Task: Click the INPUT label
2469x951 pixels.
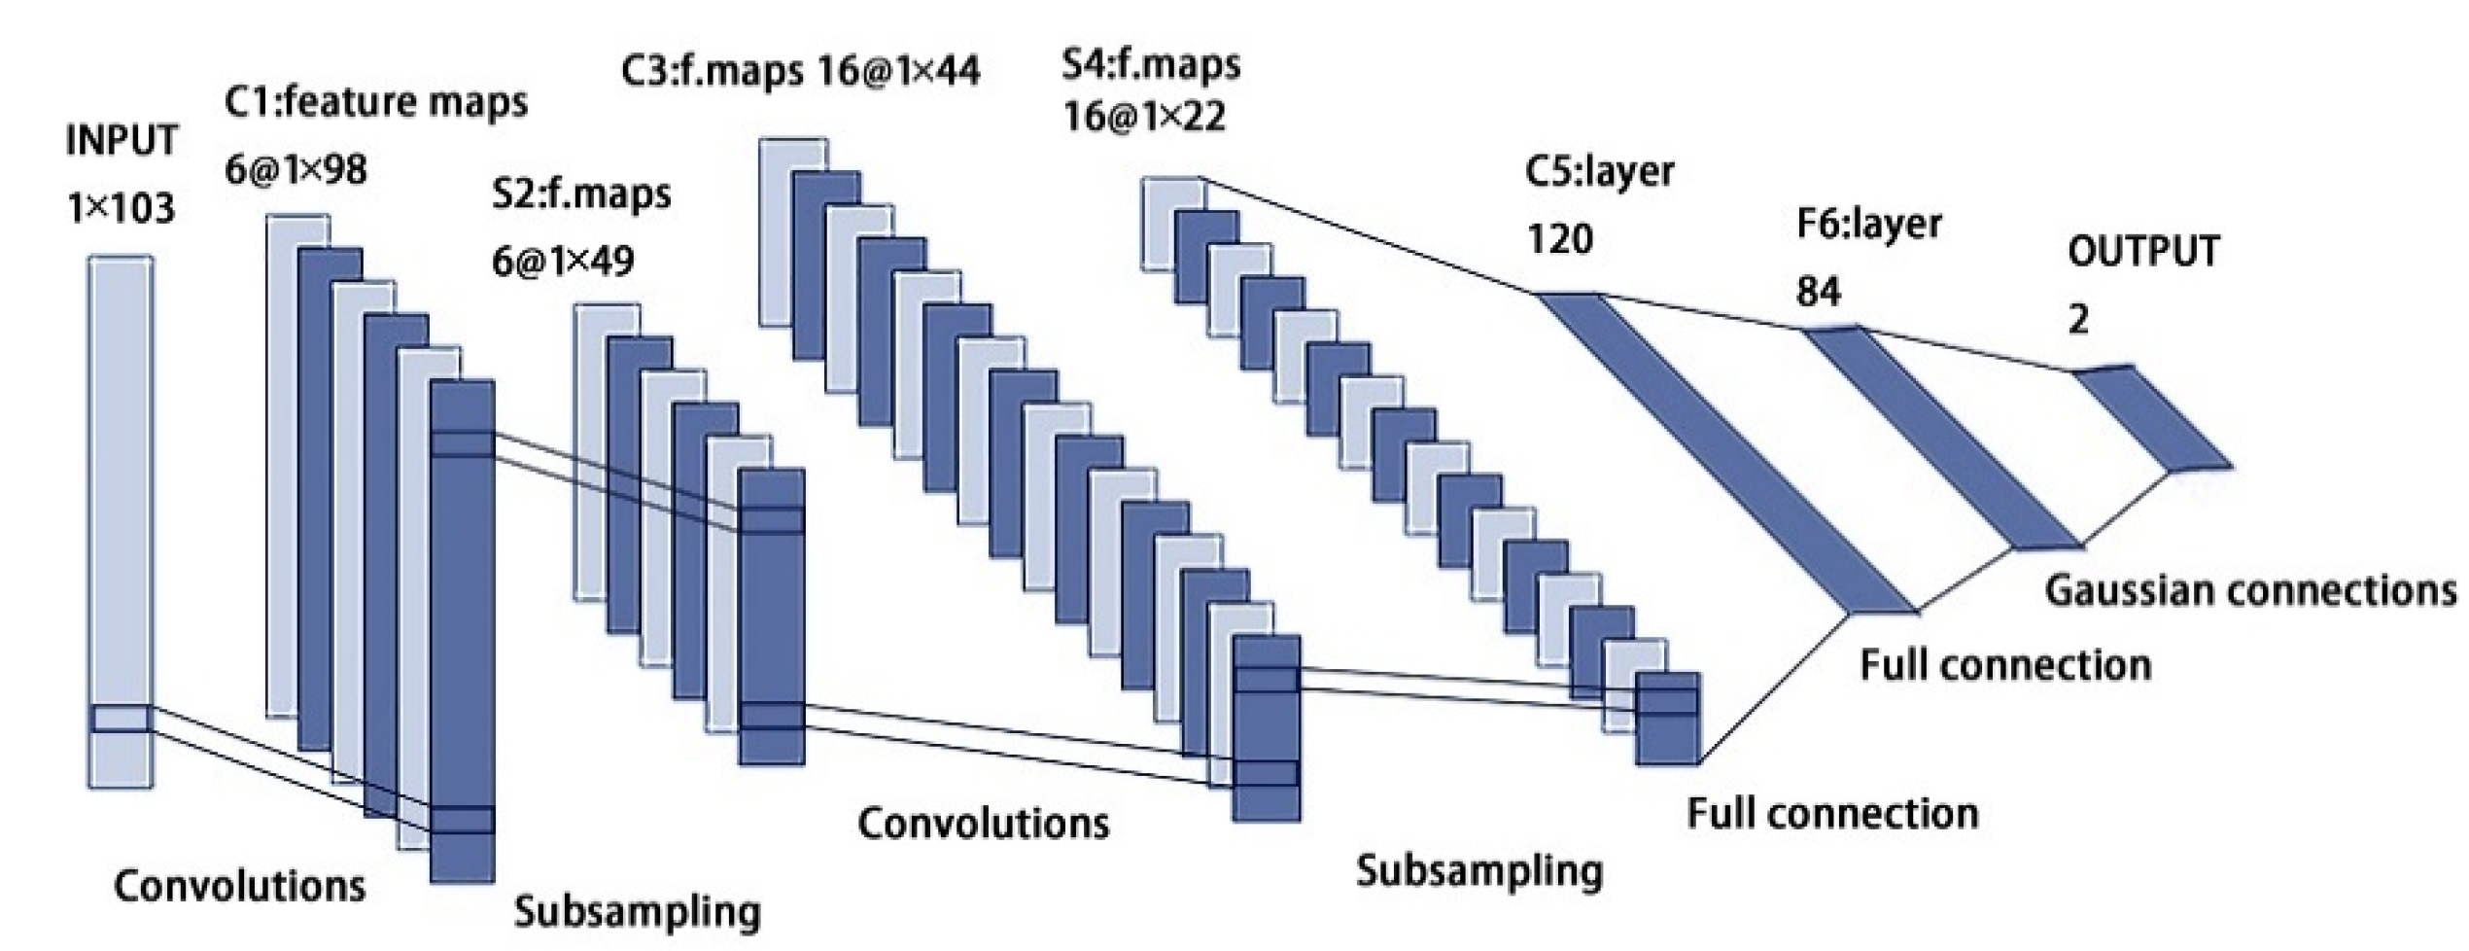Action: pyautogui.click(x=122, y=141)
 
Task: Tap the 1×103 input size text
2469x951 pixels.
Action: pyautogui.click(x=122, y=208)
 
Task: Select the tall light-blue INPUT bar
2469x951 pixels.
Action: pyautogui.click(x=122, y=486)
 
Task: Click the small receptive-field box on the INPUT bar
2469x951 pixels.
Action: pyautogui.click(x=122, y=719)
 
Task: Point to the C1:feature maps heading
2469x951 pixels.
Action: pyautogui.click(x=376, y=102)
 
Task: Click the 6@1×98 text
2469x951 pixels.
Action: pyautogui.click(x=296, y=170)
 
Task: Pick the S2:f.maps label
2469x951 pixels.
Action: pyautogui.click(x=581, y=194)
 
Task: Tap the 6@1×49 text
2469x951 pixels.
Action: pyautogui.click(x=564, y=261)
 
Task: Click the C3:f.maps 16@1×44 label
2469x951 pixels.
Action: pyautogui.click(x=801, y=71)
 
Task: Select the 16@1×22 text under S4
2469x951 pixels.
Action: pyautogui.click(x=1144, y=117)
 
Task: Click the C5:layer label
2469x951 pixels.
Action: pyautogui.click(x=1600, y=171)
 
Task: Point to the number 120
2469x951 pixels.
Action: pyautogui.click(x=1560, y=238)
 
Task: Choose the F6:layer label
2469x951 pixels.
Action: pyautogui.click(x=1868, y=225)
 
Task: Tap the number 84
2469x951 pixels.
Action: pyautogui.click(x=1818, y=291)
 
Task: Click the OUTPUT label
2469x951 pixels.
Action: pyautogui.click(x=2143, y=252)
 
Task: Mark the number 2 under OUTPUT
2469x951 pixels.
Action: pyautogui.click(x=2078, y=319)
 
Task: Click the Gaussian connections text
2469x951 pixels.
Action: pyautogui.click(x=2250, y=591)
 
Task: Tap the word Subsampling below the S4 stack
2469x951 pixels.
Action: pyautogui.click(x=1478, y=870)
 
